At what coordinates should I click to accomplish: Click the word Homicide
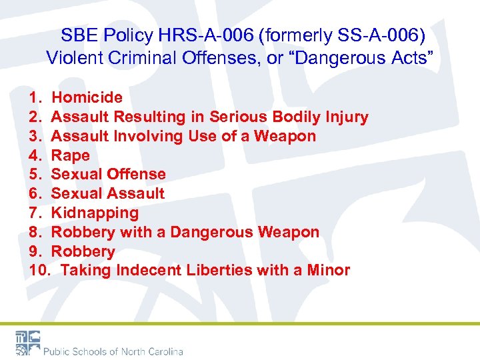pos(87,98)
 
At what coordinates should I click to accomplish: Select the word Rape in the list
pos(70,155)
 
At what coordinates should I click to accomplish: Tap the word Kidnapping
pos(95,213)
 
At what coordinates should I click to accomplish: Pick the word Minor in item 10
pos(326,271)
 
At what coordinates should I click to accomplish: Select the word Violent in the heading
pos(71,59)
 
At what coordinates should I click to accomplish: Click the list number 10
pos(37,271)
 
